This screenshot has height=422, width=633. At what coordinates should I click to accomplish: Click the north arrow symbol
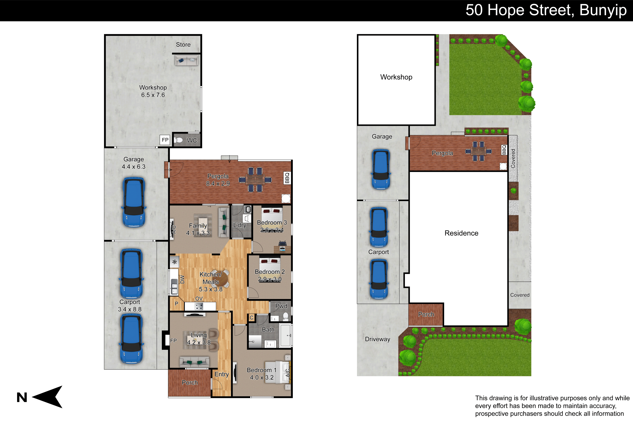(x=49, y=397)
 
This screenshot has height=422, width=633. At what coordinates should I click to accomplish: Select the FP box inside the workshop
(x=165, y=140)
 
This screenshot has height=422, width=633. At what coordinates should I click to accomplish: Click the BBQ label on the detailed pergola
(x=287, y=178)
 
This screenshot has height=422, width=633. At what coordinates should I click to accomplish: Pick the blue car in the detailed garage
(x=134, y=202)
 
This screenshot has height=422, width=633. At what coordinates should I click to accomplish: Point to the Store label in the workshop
(x=183, y=45)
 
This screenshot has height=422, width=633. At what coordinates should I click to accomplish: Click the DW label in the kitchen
(x=182, y=279)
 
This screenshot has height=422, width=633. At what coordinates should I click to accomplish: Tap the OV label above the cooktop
(x=199, y=299)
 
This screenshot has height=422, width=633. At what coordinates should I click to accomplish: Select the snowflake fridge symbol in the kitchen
(x=174, y=262)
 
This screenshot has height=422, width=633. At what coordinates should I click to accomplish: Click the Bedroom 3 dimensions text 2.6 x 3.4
(x=272, y=230)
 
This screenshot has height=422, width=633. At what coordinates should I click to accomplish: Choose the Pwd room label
(x=281, y=306)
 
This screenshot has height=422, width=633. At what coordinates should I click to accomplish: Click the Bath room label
(x=268, y=329)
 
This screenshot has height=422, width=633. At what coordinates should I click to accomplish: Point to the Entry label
(x=222, y=374)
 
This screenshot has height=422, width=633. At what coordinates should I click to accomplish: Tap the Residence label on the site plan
(x=461, y=233)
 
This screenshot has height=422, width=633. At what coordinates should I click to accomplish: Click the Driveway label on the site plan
(x=377, y=339)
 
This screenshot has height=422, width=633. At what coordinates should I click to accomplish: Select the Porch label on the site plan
(x=426, y=314)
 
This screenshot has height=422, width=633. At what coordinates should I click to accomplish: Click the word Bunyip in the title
(x=603, y=11)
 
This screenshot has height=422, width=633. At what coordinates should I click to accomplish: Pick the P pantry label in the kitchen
(x=177, y=304)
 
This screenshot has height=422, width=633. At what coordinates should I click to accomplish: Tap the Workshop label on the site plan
(x=396, y=77)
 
